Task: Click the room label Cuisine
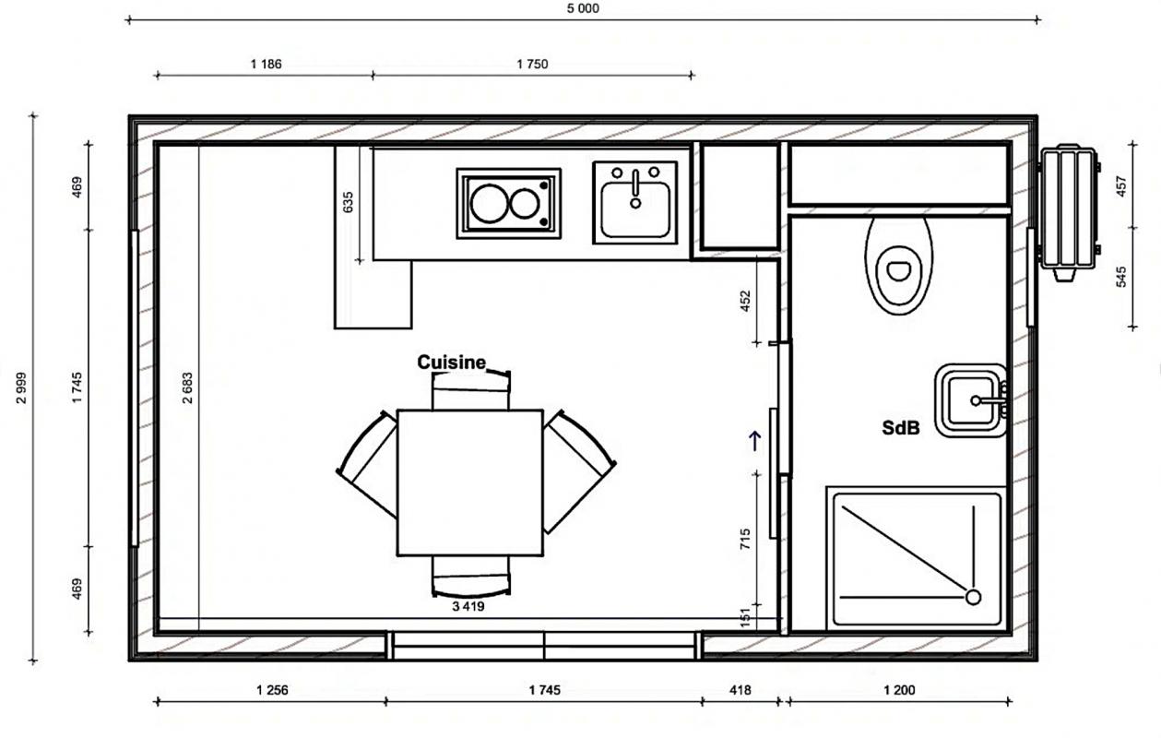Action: click(x=452, y=362)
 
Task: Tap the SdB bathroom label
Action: click(x=901, y=428)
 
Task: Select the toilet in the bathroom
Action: click(x=899, y=266)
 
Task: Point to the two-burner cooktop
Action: click(x=508, y=203)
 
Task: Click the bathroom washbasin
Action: click(x=971, y=400)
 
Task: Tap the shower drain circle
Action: click(x=973, y=598)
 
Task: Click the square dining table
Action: click(x=470, y=482)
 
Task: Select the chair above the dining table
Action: click(x=470, y=390)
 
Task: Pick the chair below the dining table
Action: click(x=470, y=576)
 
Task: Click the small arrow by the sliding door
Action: click(x=755, y=441)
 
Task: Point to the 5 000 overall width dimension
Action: click(x=583, y=9)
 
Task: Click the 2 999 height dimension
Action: click(x=21, y=387)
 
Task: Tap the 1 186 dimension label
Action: click(x=266, y=65)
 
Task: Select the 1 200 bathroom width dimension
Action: click(x=899, y=690)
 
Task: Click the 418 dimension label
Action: click(x=740, y=690)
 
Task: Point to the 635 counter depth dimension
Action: click(x=348, y=202)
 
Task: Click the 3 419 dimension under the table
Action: click(x=468, y=606)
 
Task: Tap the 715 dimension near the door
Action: click(x=745, y=540)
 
